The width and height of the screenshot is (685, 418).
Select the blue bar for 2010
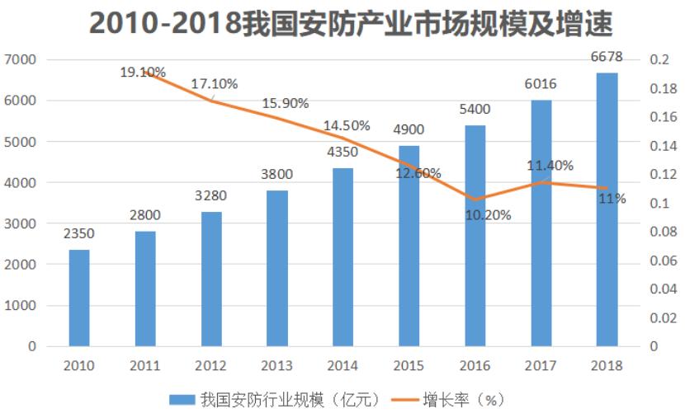(x=79, y=298)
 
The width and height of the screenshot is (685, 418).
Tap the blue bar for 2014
(x=343, y=256)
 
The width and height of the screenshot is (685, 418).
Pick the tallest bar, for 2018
(x=607, y=209)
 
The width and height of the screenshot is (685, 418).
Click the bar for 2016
(x=475, y=236)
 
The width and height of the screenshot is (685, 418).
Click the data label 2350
(x=78, y=234)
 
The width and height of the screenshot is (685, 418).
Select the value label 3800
(x=276, y=174)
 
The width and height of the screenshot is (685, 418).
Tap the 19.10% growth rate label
(x=144, y=72)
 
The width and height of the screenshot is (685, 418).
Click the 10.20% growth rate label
(x=488, y=216)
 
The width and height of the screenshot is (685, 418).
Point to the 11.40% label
(x=550, y=166)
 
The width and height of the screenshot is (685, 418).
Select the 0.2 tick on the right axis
(x=659, y=60)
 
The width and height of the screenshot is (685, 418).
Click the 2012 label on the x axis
(x=210, y=365)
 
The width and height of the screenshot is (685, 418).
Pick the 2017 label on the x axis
(x=541, y=365)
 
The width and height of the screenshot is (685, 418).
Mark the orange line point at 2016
(x=475, y=200)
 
